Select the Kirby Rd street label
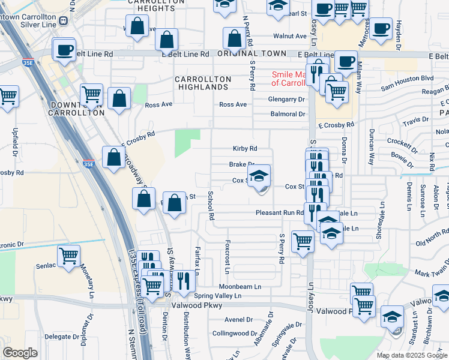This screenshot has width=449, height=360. point(245,149)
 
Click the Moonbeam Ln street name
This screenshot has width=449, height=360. point(240,287)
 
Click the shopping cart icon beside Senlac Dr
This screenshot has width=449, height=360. point(69,256)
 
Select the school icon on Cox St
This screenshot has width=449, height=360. point(259,176)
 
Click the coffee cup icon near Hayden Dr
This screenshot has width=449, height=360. point(380,28)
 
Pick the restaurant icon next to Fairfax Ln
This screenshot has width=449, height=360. point(184,280)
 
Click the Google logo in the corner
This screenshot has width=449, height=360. point(20,353)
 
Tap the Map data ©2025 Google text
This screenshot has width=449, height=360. point(412,355)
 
